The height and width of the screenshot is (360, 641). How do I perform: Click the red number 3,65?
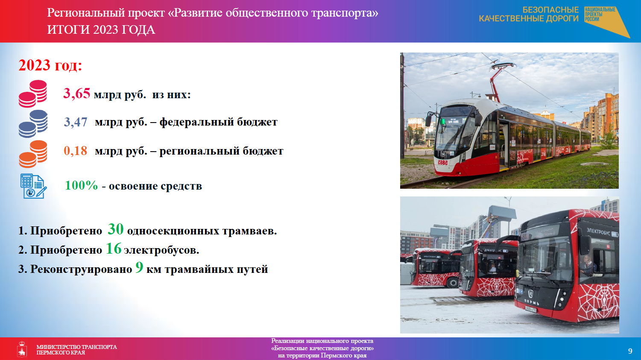(x=77, y=94)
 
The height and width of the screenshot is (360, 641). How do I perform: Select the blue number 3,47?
(x=76, y=122)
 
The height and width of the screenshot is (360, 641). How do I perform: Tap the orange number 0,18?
(x=76, y=151)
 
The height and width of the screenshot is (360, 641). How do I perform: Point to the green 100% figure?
(x=81, y=185)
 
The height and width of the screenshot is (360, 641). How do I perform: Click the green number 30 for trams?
(x=116, y=229)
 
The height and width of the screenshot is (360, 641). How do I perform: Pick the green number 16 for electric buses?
(x=114, y=249)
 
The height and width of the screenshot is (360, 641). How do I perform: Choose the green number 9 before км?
(x=139, y=267)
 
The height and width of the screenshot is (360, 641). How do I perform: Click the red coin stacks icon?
(x=33, y=94)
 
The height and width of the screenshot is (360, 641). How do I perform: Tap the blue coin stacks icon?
(x=33, y=123)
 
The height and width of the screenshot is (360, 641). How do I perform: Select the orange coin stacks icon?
(x=33, y=154)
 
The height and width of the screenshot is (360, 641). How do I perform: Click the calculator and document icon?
(x=33, y=186)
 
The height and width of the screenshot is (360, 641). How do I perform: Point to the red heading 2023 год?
(x=50, y=65)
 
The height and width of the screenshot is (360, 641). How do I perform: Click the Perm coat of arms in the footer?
(x=22, y=349)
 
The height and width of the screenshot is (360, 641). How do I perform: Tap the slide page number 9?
(x=630, y=351)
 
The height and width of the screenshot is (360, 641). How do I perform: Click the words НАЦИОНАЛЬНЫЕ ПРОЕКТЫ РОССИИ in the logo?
(x=600, y=15)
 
